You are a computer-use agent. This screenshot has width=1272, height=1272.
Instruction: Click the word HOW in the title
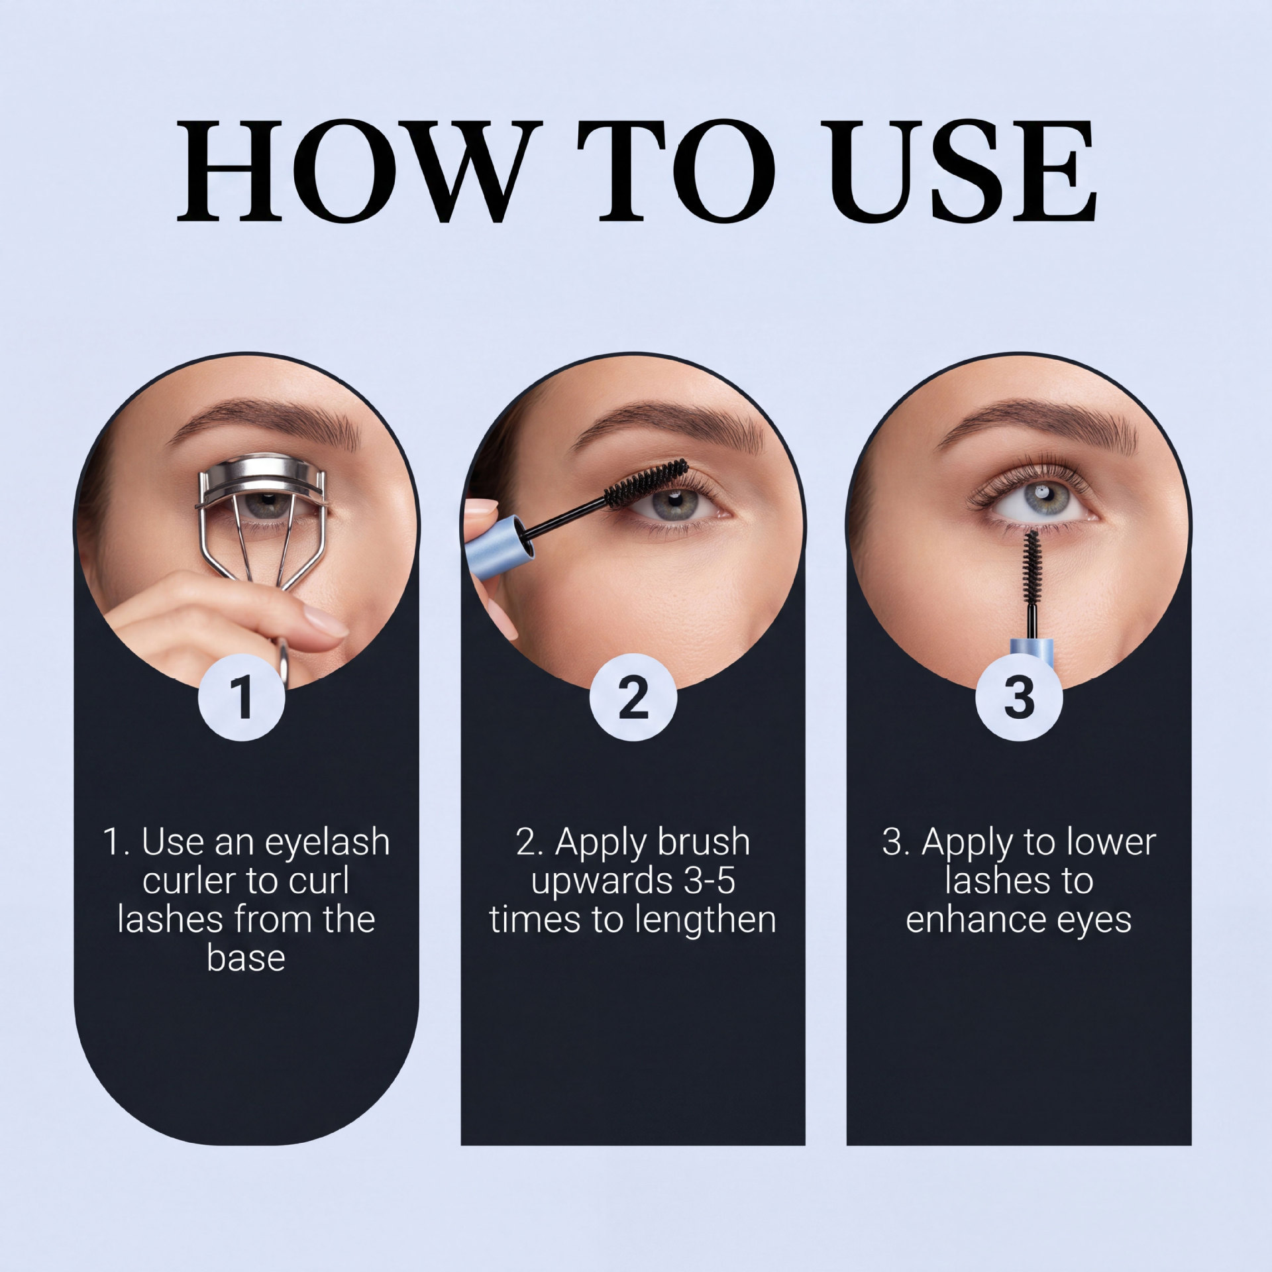354,170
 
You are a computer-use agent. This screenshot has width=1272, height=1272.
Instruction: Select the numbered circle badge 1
242,697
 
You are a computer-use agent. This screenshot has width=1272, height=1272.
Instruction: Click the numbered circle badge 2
633,697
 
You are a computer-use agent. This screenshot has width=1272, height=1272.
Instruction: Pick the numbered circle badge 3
1019,697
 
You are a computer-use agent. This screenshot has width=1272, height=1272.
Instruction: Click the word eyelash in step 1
327,843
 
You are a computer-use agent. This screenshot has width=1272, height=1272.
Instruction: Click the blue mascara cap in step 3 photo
1032,655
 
